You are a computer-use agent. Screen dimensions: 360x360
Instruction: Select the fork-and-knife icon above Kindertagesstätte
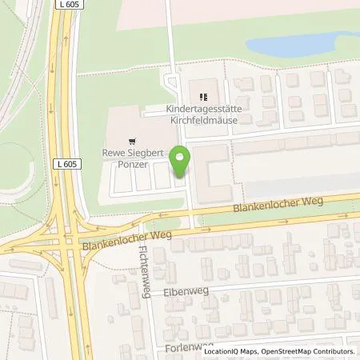click(202, 96)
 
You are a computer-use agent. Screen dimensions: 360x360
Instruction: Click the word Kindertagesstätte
click(203, 108)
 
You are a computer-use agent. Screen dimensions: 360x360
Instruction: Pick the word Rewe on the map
click(114, 150)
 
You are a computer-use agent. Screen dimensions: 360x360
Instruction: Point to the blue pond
click(305, 43)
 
